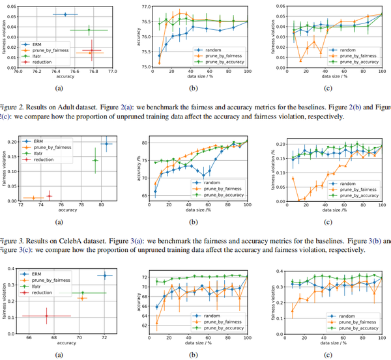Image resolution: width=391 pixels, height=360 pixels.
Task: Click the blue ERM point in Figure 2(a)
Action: click(x=65, y=14)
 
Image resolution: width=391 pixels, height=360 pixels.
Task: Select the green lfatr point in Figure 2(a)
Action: click(x=89, y=30)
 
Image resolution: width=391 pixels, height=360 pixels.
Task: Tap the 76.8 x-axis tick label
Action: click(x=94, y=72)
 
